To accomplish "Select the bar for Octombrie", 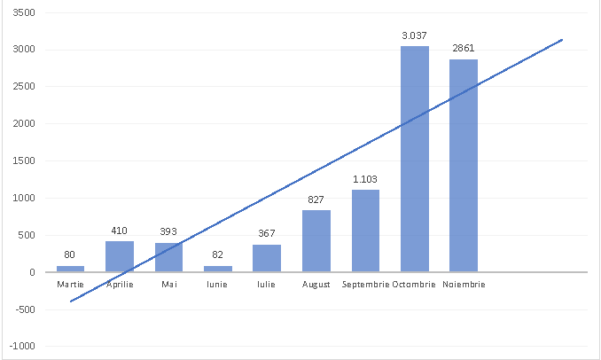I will click(x=415, y=160).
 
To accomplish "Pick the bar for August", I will click(x=316, y=241).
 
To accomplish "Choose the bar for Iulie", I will click(x=267, y=258).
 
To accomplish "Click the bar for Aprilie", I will click(x=120, y=256).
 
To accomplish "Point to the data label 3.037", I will click(x=415, y=35).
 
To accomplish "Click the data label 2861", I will click(x=464, y=48).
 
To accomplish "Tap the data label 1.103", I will click(x=365, y=179).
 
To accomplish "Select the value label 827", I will click(x=316, y=200).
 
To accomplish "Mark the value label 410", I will click(x=120, y=231).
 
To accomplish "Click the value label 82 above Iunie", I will click(x=218, y=255).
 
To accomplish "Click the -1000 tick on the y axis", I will click(x=22, y=346).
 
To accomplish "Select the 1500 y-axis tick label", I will click(x=24, y=161).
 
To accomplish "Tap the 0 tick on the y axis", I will click(x=32, y=272).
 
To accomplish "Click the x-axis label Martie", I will click(x=70, y=285).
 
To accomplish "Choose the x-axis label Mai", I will click(x=168, y=285).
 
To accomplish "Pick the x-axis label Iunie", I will click(x=218, y=285).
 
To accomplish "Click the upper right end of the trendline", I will click(x=562, y=39).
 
